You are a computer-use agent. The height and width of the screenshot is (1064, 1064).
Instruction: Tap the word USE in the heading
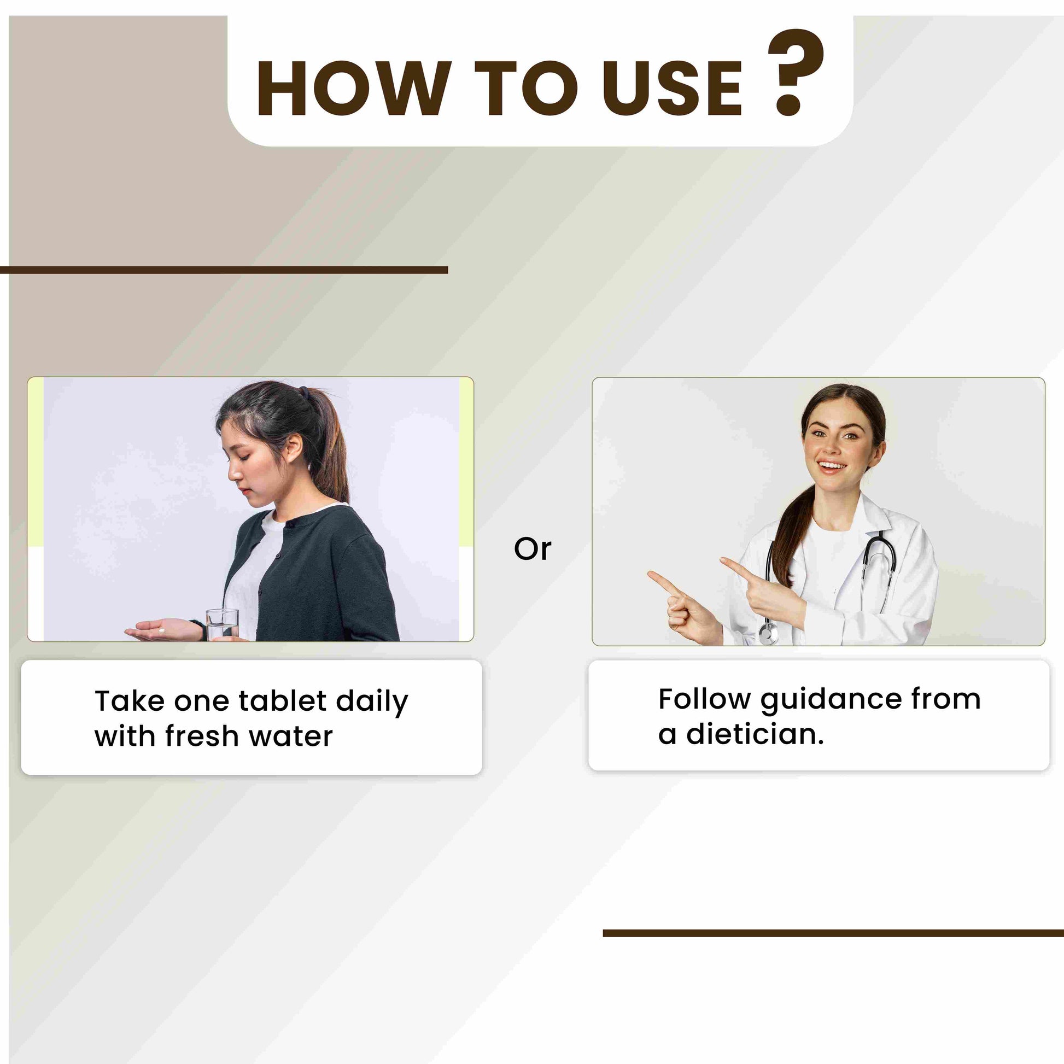coord(673,89)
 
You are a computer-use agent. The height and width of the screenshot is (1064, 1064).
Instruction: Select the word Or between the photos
coord(532,549)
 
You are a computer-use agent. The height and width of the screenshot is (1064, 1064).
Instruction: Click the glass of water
coord(223,624)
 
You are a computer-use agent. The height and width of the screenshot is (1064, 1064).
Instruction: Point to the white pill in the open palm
coord(161,630)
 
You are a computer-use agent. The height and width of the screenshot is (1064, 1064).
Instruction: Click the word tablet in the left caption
coord(283,701)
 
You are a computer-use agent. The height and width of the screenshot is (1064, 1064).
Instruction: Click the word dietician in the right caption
coord(755,734)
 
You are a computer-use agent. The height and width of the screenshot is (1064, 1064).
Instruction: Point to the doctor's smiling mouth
coord(832,467)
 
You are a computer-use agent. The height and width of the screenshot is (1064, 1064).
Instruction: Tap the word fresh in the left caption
coord(202,736)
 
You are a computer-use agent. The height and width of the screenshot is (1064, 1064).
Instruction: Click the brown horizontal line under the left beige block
coord(224,270)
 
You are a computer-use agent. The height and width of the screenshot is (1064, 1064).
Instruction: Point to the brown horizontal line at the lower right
coord(833,933)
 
